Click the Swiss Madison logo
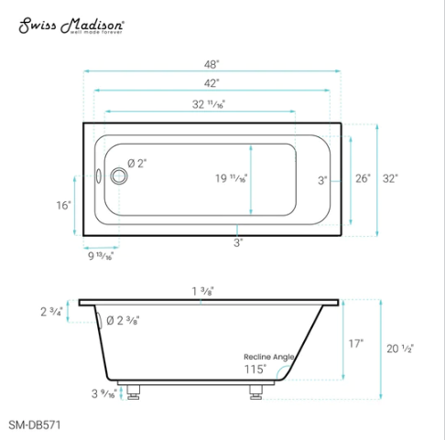click(x=72, y=26)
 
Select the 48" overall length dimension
click(x=212, y=66)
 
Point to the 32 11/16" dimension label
click(x=208, y=105)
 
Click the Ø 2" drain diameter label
click(x=137, y=163)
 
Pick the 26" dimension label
click(x=363, y=179)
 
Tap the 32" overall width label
click(x=391, y=179)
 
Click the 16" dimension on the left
click(x=63, y=206)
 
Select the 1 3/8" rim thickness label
click(x=203, y=291)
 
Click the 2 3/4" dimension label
click(x=51, y=312)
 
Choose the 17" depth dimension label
click(x=355, y=344)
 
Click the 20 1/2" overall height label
click(x=400, y=349)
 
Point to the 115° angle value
click(x=255, y=370)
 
